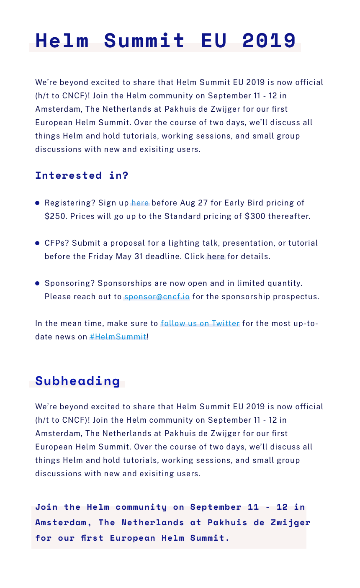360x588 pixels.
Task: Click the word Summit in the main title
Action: (x=144, y=41)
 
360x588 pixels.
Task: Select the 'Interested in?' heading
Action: (x=82, y=175)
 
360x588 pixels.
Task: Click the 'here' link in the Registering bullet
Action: (x=140, y=203)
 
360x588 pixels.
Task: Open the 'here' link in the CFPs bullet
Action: (x=216, y=257)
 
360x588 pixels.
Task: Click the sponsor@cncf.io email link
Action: (x=157, y=297)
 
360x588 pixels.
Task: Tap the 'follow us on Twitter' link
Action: (x=200, y=324)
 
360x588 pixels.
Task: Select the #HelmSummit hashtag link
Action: (x=118, y=337)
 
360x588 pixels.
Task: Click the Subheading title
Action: (x=78, y=381)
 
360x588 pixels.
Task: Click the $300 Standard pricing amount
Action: (x=255, y=216)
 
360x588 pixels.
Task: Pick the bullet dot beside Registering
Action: (x=37, y=203)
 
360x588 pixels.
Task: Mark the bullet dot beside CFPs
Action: (x=37, y=243)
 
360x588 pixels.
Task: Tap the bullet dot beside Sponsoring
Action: (x=37, y=283)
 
